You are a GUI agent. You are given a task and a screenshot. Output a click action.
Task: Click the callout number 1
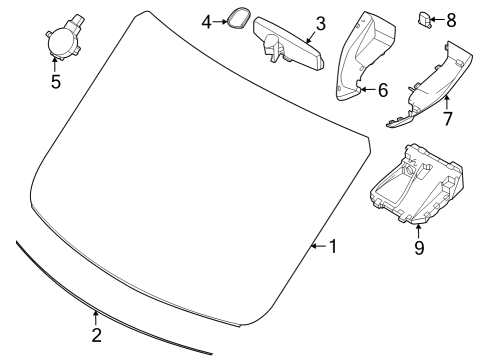(x=333, y=247)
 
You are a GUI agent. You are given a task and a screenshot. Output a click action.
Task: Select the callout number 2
(x=96, y=335)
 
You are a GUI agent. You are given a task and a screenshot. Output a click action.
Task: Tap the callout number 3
(x=320, y=24)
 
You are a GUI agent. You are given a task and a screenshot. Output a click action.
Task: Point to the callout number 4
(x=207, y=22)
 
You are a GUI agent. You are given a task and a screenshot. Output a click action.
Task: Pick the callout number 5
(x=56, y=81)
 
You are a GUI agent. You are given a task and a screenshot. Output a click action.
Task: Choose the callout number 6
(x=383, y=90)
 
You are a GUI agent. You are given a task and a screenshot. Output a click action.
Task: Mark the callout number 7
(x=447, y=118)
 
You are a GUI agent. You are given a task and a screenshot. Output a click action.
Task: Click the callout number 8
(x=451, y=20)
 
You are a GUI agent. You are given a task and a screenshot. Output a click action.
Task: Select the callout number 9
(x=419, y=247)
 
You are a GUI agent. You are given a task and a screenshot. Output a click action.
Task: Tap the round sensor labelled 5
(x=63, y=38)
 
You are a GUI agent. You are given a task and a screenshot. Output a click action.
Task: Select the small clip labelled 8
(x=424, y=19)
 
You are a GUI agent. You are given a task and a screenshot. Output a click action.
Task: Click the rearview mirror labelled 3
(x=289, y=44)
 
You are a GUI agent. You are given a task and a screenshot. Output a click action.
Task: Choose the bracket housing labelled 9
(x=417, y=186)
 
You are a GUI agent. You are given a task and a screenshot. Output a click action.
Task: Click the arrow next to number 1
(x=318, y=246)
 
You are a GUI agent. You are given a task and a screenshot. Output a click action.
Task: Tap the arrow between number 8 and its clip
(x=437, y=20)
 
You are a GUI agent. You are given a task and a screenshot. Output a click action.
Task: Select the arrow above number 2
(x=96, y=317)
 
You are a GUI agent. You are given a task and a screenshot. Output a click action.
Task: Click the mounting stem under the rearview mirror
(x=274, y=50)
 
